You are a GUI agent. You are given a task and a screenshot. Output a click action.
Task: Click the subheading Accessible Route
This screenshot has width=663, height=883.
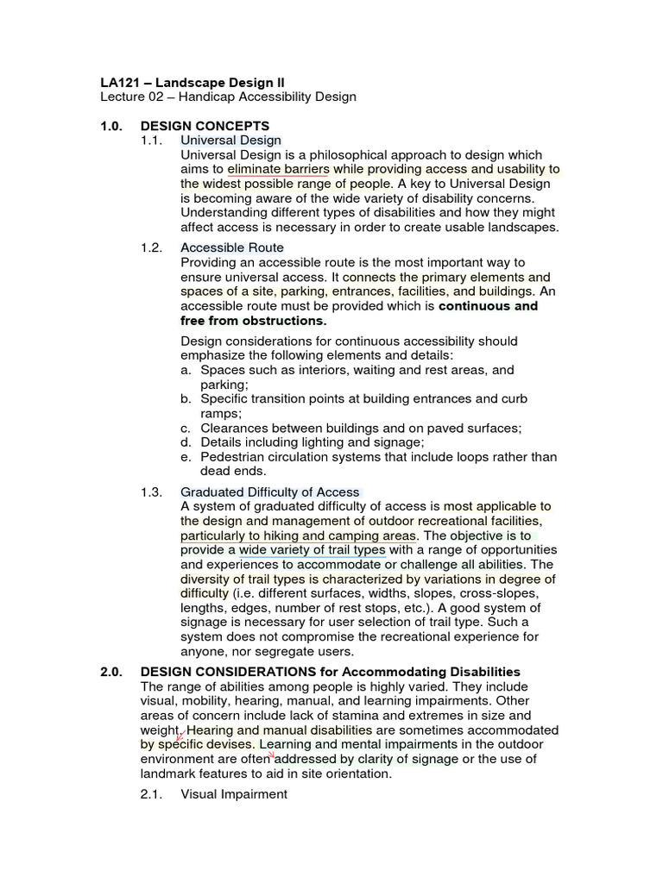pos(231,247)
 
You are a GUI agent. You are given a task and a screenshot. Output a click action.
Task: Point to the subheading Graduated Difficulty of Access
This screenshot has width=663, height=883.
pos(269,492)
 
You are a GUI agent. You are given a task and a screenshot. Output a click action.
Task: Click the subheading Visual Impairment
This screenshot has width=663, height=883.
pos(233,793)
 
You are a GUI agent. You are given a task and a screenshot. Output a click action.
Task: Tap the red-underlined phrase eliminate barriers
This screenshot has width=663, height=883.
pos(279,169)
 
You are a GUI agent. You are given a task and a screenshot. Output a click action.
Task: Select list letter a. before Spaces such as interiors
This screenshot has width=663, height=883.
pos(186,370)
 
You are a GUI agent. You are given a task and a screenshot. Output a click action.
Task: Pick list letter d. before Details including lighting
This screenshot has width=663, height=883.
pos(186,442)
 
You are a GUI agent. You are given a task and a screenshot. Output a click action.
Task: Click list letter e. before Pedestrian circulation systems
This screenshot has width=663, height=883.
pos(186,457)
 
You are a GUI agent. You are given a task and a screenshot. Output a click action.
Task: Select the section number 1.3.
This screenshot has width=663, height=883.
pos(151,492)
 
